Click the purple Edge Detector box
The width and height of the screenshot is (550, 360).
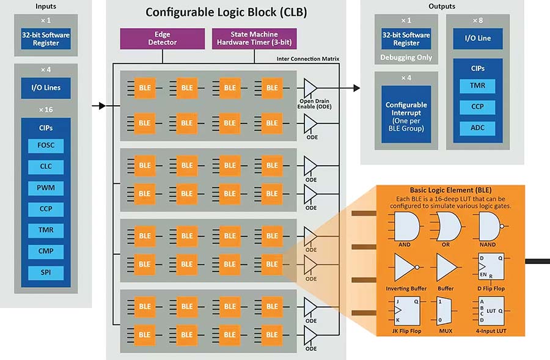click(162, 39)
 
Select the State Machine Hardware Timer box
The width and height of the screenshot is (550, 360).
click(254, 39)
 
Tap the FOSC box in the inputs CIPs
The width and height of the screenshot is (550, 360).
click(46, 146)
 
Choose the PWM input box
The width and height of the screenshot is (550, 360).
click(46, 188)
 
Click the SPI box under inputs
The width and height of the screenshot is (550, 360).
click(46, 272)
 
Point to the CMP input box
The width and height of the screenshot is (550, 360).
click(46, 251)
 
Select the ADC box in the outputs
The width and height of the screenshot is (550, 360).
click(478, 128)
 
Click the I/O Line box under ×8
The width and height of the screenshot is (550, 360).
click(478, 39)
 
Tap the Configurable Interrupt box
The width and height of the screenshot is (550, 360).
click(406, 113)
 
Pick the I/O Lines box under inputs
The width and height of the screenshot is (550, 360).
click(46, 87)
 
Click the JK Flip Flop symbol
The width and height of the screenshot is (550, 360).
click(403, 310)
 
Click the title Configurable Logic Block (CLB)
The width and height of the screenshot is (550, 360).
click(226, 12)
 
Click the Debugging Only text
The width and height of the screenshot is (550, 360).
click(406, 57)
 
